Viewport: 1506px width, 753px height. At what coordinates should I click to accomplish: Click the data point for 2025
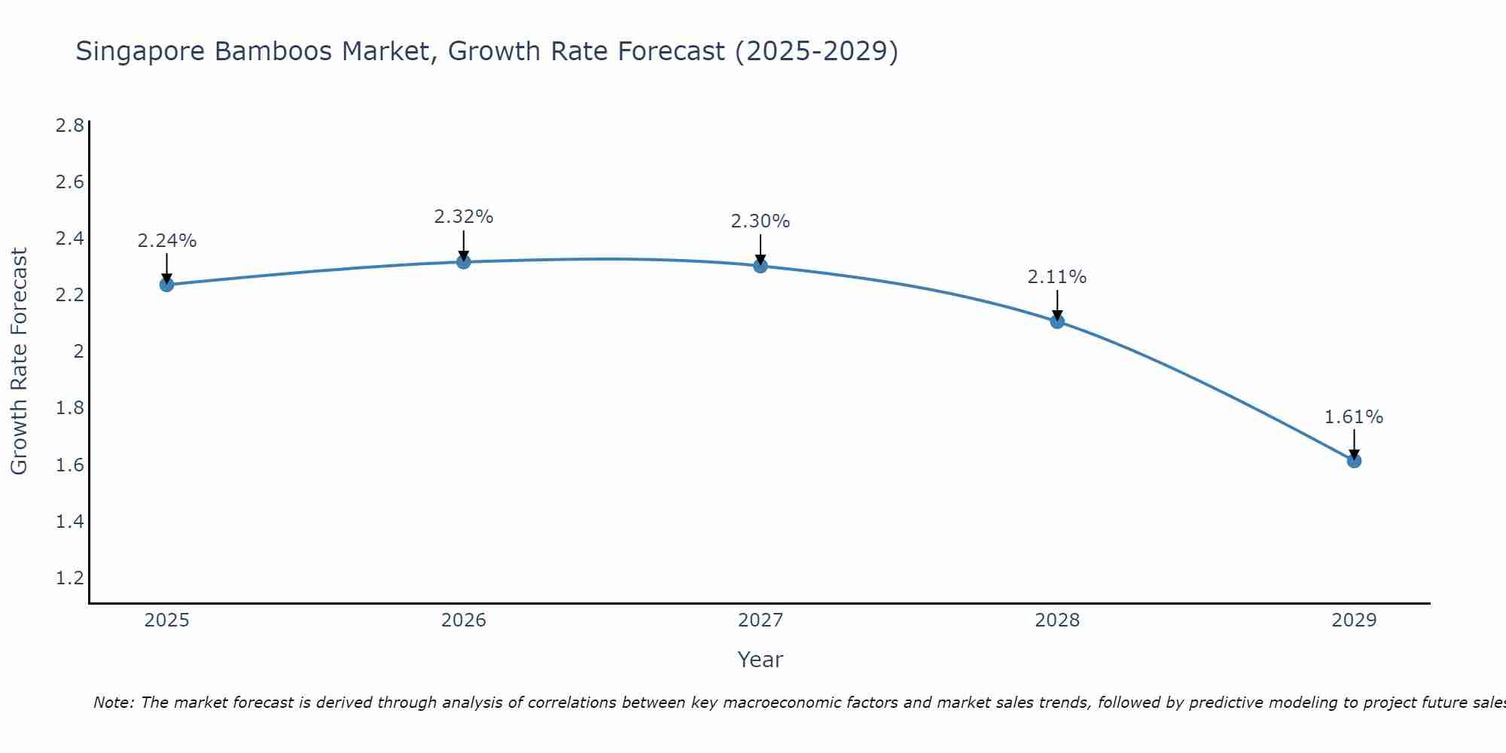166,285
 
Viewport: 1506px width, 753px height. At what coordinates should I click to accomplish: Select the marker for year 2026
464,262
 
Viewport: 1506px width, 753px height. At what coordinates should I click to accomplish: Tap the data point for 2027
761,266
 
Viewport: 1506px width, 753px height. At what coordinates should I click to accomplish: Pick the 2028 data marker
1057,322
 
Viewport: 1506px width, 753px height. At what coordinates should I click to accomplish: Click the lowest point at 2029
1354,461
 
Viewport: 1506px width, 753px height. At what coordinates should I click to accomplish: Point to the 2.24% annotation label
166,241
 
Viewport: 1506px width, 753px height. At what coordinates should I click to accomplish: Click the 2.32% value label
464,217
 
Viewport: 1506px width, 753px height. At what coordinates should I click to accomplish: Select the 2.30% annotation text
761,221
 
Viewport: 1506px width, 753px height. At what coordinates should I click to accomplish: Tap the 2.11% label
1057,277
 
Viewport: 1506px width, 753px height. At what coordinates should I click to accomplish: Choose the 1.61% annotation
1354,417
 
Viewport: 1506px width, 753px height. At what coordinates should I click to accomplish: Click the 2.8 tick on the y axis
70,125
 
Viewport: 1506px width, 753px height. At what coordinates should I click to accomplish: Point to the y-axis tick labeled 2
78,352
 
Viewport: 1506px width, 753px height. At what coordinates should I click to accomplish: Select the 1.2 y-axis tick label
70,578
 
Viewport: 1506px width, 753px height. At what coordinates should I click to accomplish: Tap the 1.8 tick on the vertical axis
70,408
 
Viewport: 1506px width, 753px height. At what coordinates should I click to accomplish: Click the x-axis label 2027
761,620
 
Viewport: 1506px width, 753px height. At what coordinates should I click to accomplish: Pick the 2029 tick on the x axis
1354,620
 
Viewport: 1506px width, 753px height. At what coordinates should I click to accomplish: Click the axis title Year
761,660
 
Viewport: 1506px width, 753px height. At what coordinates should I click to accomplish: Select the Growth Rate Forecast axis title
19,361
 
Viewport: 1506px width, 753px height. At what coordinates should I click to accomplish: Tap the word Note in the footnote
113,703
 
